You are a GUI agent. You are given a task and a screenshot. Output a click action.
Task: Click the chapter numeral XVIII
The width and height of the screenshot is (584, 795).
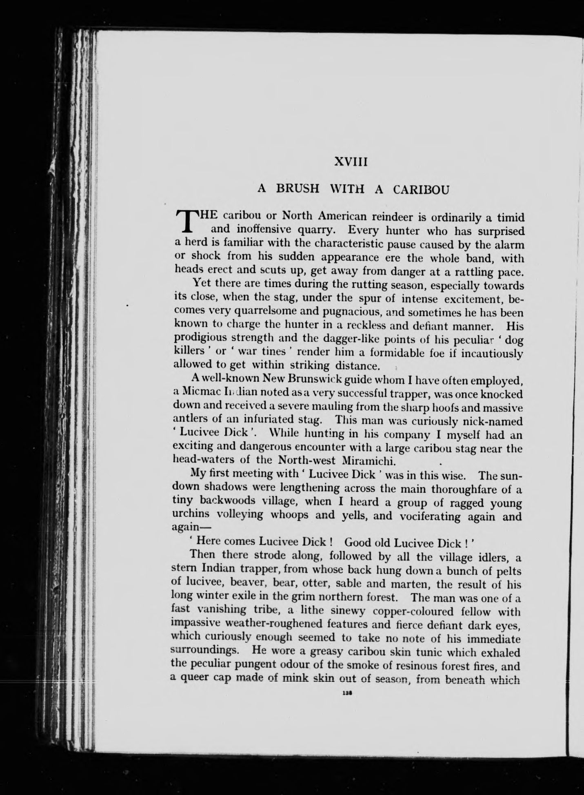click(351, 162)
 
